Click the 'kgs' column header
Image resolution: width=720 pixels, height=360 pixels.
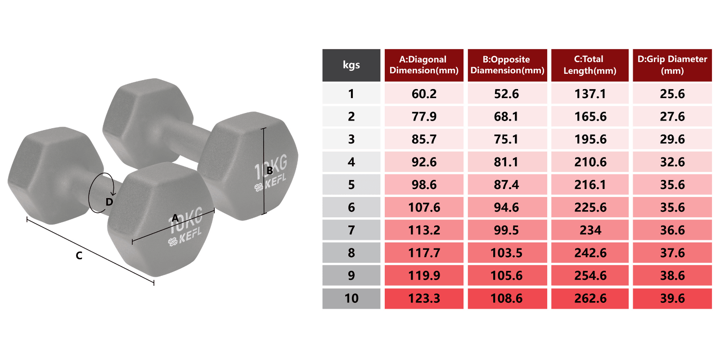point(351,65)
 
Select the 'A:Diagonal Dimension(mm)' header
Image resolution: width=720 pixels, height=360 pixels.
point(424,65)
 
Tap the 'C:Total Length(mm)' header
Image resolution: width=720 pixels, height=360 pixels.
point(589,65)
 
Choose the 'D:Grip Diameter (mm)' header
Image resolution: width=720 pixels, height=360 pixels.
point(672,65)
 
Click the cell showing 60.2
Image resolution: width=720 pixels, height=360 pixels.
point(424,94)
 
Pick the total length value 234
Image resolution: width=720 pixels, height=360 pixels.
point(589,230)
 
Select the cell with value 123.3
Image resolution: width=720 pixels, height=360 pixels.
point(424,298)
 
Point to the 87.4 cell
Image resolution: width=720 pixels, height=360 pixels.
point(507,184)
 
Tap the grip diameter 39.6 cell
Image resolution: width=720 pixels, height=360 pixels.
point(672,298)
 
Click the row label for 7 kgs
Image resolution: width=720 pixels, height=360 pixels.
point(351,230)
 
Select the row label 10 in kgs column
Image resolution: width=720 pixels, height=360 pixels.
point(351,298)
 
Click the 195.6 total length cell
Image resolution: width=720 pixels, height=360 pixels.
point(589,139)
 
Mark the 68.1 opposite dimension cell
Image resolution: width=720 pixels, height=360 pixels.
point(507,117)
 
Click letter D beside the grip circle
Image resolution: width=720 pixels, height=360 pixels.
point(109,202)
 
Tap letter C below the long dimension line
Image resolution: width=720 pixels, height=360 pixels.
point(79,256)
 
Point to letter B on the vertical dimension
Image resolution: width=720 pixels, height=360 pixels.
point(270,171)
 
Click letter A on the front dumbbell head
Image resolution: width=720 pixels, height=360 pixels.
point(175,218)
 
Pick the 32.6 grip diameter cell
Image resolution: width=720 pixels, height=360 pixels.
point(672,162)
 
